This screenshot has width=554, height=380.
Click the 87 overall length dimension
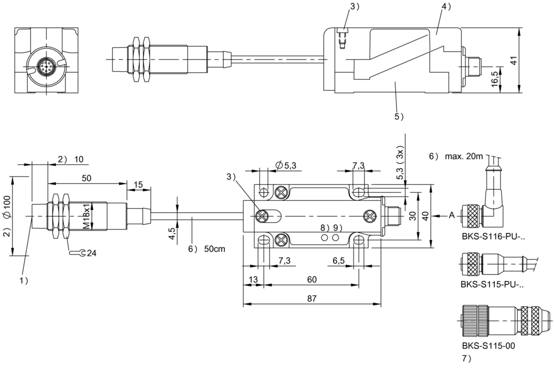tap(312, 298)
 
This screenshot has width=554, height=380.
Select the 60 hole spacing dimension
tap(312, 280)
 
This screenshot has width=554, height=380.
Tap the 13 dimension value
tap(253, 280)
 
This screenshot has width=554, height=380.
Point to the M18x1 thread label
tap(86, 217)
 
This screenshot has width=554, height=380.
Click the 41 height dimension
tap(514, 61)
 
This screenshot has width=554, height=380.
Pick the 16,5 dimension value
tap(495, 79)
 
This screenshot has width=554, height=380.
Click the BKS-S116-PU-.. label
tap(493, 237)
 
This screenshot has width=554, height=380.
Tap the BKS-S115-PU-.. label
tap(492, 284)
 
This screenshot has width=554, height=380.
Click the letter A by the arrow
tap(452, 215)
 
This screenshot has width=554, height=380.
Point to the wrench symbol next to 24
tap(77, 253)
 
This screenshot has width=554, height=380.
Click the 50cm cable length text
tap(215, 249)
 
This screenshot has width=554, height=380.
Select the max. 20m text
tap(464, 156)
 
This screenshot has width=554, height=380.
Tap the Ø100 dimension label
tap(7, 206)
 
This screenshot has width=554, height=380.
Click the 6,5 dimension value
tap(338, 261)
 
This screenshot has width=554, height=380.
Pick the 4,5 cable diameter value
tap(172, 233)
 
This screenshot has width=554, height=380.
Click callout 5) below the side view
tap(399, 116)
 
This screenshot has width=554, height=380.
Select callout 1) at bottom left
tap(24, 281)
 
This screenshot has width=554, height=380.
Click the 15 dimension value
tap(138, 184)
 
